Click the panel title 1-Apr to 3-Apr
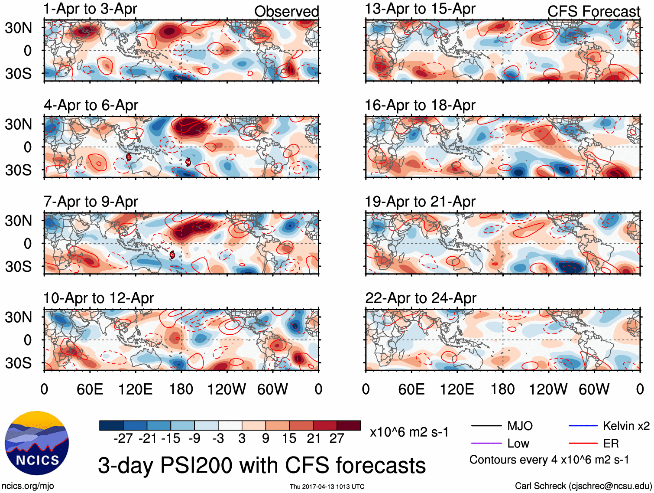tap(91, 9)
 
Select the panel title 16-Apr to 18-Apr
tap(420, 105)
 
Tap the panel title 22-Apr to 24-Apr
tap(420, 298)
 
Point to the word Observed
tap(286, 12)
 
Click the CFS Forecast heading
tap(593, 12)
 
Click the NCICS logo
tap(37, 443)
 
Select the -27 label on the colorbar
tap(123, 438)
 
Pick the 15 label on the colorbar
tap(289, 438)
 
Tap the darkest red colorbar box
tap(349, 425)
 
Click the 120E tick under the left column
tap(135, 389)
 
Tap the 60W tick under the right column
tap(594, 389)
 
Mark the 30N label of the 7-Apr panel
tap(18, 221)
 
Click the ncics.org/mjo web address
tap(28, 486)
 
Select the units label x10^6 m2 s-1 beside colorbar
tap(409, 432)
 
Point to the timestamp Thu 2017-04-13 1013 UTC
tap(327, 486)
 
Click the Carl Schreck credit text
tap(583, 486)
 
